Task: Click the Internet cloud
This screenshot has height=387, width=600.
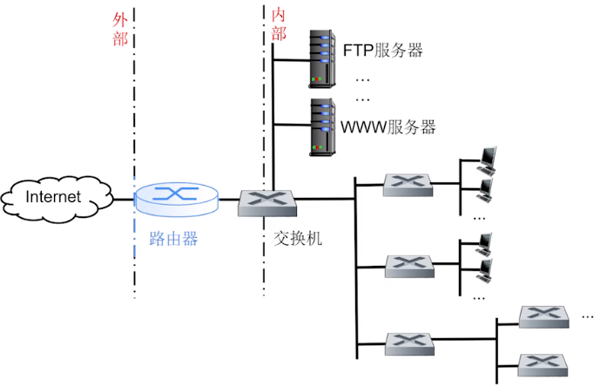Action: [x=54, y=198]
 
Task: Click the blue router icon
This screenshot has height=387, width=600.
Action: [x=177, y=199]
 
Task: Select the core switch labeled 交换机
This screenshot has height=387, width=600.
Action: [x=269, y=201]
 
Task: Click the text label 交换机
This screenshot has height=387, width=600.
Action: [x=297, y=237]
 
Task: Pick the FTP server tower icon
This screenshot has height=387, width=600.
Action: [x=323, y=58]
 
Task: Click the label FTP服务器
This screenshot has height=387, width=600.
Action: [x=382, y=50]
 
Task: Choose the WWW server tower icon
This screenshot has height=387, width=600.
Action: [x=323, y=127]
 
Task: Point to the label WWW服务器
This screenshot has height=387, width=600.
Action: [x=388, y=127]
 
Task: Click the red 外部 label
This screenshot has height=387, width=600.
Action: [x=120, y=28]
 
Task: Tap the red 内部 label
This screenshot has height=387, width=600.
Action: [x=279, y=24]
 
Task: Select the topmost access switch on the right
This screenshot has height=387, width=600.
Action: [x=408, y=184]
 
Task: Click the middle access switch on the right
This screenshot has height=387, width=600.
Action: [x=408, y=264]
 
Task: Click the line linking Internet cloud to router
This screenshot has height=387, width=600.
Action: [x=123, y=200]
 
